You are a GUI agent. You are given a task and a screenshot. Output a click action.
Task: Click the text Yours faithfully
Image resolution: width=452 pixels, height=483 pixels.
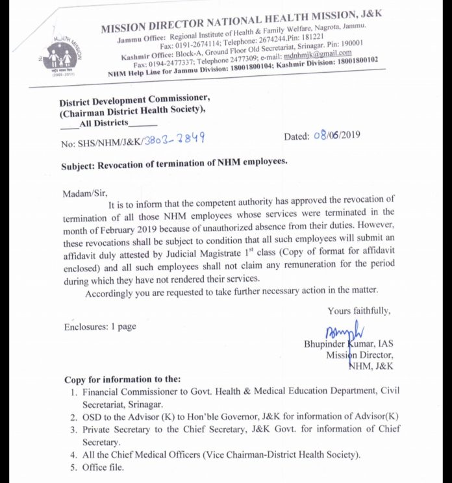[359, 311]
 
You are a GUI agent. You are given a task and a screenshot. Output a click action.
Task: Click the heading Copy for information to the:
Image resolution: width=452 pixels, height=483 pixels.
[123, 379]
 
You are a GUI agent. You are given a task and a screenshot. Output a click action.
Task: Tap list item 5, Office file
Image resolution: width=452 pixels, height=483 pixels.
[102, 467]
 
